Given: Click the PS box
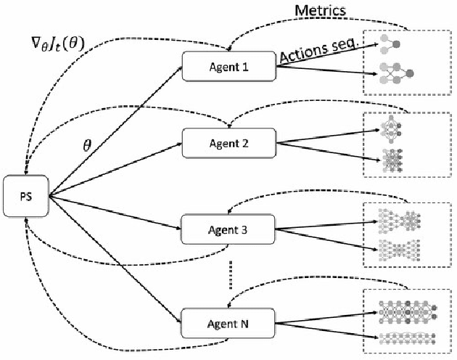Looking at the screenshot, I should [26, 194].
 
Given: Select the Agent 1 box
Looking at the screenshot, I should [228, 67].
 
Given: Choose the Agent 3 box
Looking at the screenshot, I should [228, 231].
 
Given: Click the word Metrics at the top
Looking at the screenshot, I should [319, 11].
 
